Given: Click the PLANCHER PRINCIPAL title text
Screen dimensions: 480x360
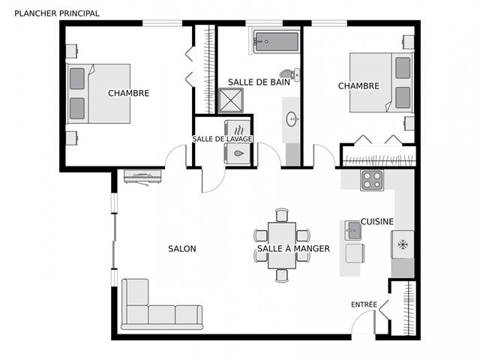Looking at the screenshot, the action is click(57, 13).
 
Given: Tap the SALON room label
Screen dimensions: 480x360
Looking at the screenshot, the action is click(182, 248).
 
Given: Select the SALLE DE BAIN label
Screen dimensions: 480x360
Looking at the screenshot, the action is click(259, 82).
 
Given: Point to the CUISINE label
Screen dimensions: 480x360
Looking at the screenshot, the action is click(377, 221).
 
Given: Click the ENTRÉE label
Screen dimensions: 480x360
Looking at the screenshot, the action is click(364, 304).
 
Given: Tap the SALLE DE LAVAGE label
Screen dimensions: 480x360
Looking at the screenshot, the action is click(222, 139).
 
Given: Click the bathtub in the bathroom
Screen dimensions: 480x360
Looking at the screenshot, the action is click(277, 41).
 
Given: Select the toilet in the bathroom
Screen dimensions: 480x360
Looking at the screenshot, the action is click(289, 74).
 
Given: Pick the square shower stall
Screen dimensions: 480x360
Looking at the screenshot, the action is click(231, 100).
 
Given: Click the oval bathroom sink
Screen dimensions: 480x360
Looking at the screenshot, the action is click(292, 119).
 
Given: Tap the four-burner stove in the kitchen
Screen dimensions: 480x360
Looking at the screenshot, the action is click(372, 180).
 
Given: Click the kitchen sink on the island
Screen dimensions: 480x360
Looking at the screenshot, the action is click(353, 230).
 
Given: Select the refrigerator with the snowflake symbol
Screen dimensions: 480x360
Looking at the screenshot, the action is click(403, 244).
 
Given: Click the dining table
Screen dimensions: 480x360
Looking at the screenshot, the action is click(282, 245).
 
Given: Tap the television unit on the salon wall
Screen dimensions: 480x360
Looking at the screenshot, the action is click(142, 177).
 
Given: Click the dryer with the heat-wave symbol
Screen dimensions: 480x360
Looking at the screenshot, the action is click(238, 128).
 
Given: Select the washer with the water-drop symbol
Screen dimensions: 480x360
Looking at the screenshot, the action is click(238, 153).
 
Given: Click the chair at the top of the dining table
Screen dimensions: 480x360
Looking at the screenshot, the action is click(282, 215).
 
